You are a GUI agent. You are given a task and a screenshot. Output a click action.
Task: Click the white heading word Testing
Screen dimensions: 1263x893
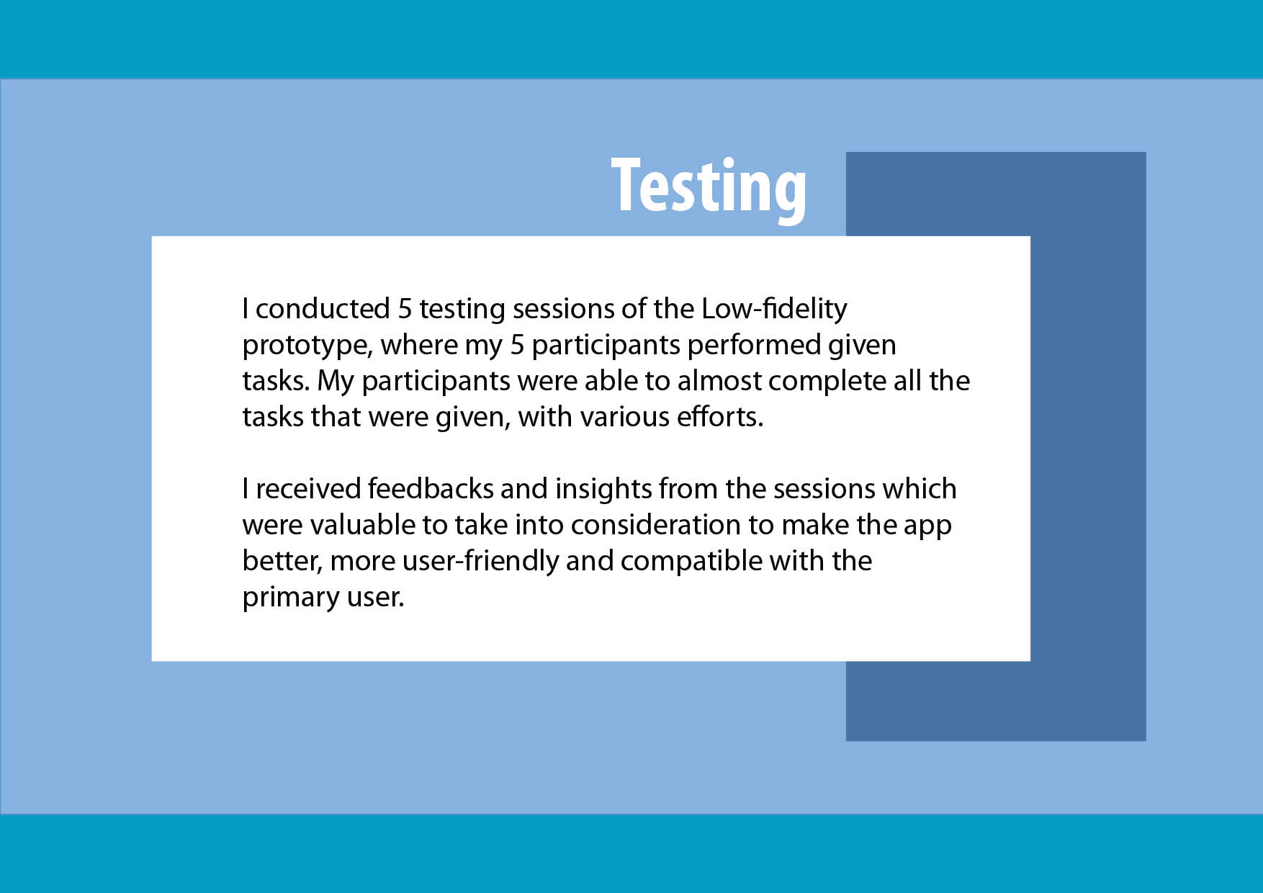point(709,187)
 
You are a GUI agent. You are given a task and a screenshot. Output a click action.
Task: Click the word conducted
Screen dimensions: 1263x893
point(323,308)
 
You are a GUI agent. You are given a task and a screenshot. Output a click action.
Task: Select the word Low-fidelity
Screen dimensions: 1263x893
point(774,310)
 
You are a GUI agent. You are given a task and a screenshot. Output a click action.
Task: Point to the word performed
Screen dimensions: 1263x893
point(754,346)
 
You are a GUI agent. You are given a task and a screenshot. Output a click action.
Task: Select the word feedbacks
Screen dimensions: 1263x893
point(431,488)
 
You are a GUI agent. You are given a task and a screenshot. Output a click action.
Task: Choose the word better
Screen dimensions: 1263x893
point(282,562)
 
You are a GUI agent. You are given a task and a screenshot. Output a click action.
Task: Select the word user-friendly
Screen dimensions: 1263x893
point(481,562)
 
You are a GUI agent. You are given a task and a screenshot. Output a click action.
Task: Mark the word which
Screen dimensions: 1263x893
point(920,488)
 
